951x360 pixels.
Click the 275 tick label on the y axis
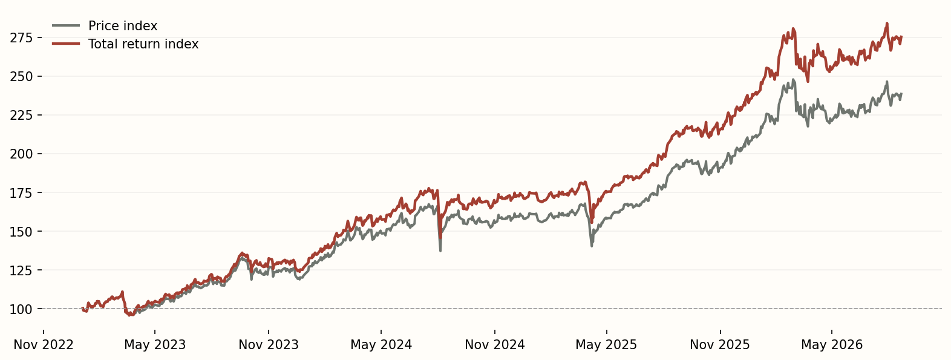coord(21,38)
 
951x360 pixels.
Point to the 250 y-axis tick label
coord(21,76)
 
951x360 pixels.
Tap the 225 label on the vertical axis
coord(21,115)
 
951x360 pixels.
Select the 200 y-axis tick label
coord(21,154)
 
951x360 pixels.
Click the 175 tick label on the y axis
coord(21,193)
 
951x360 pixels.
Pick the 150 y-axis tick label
coord(21,231)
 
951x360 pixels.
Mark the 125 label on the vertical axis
coord(21,270)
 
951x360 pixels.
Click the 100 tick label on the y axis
coord(21,309)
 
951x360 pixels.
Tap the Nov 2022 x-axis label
coord(44,345)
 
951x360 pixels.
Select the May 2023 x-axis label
coord(155,345)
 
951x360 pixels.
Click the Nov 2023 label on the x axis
coord(269,345)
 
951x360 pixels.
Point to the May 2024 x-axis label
coord(381,345)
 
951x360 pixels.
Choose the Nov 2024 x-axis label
coord(495,345)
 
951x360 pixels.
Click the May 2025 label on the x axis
coord(607,345)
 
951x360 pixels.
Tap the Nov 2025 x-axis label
coord(721,345)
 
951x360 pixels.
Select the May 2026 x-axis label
coord(832,345)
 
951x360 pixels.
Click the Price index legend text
coord(123,26)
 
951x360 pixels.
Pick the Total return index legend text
coord(143,44)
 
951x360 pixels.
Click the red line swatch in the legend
coord(66,44)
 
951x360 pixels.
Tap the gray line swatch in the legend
coord(66,25)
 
